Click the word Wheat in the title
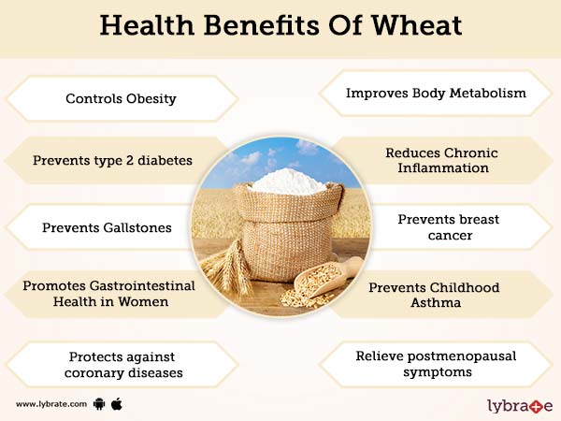[412, 25]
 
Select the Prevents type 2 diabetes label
[112, 160]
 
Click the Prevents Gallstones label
[107, 227]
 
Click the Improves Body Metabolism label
[436, 94]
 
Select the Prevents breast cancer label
[448, 227]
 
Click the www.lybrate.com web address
[51, 404]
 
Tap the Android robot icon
[100, 404]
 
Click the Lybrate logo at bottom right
[519, 405]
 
